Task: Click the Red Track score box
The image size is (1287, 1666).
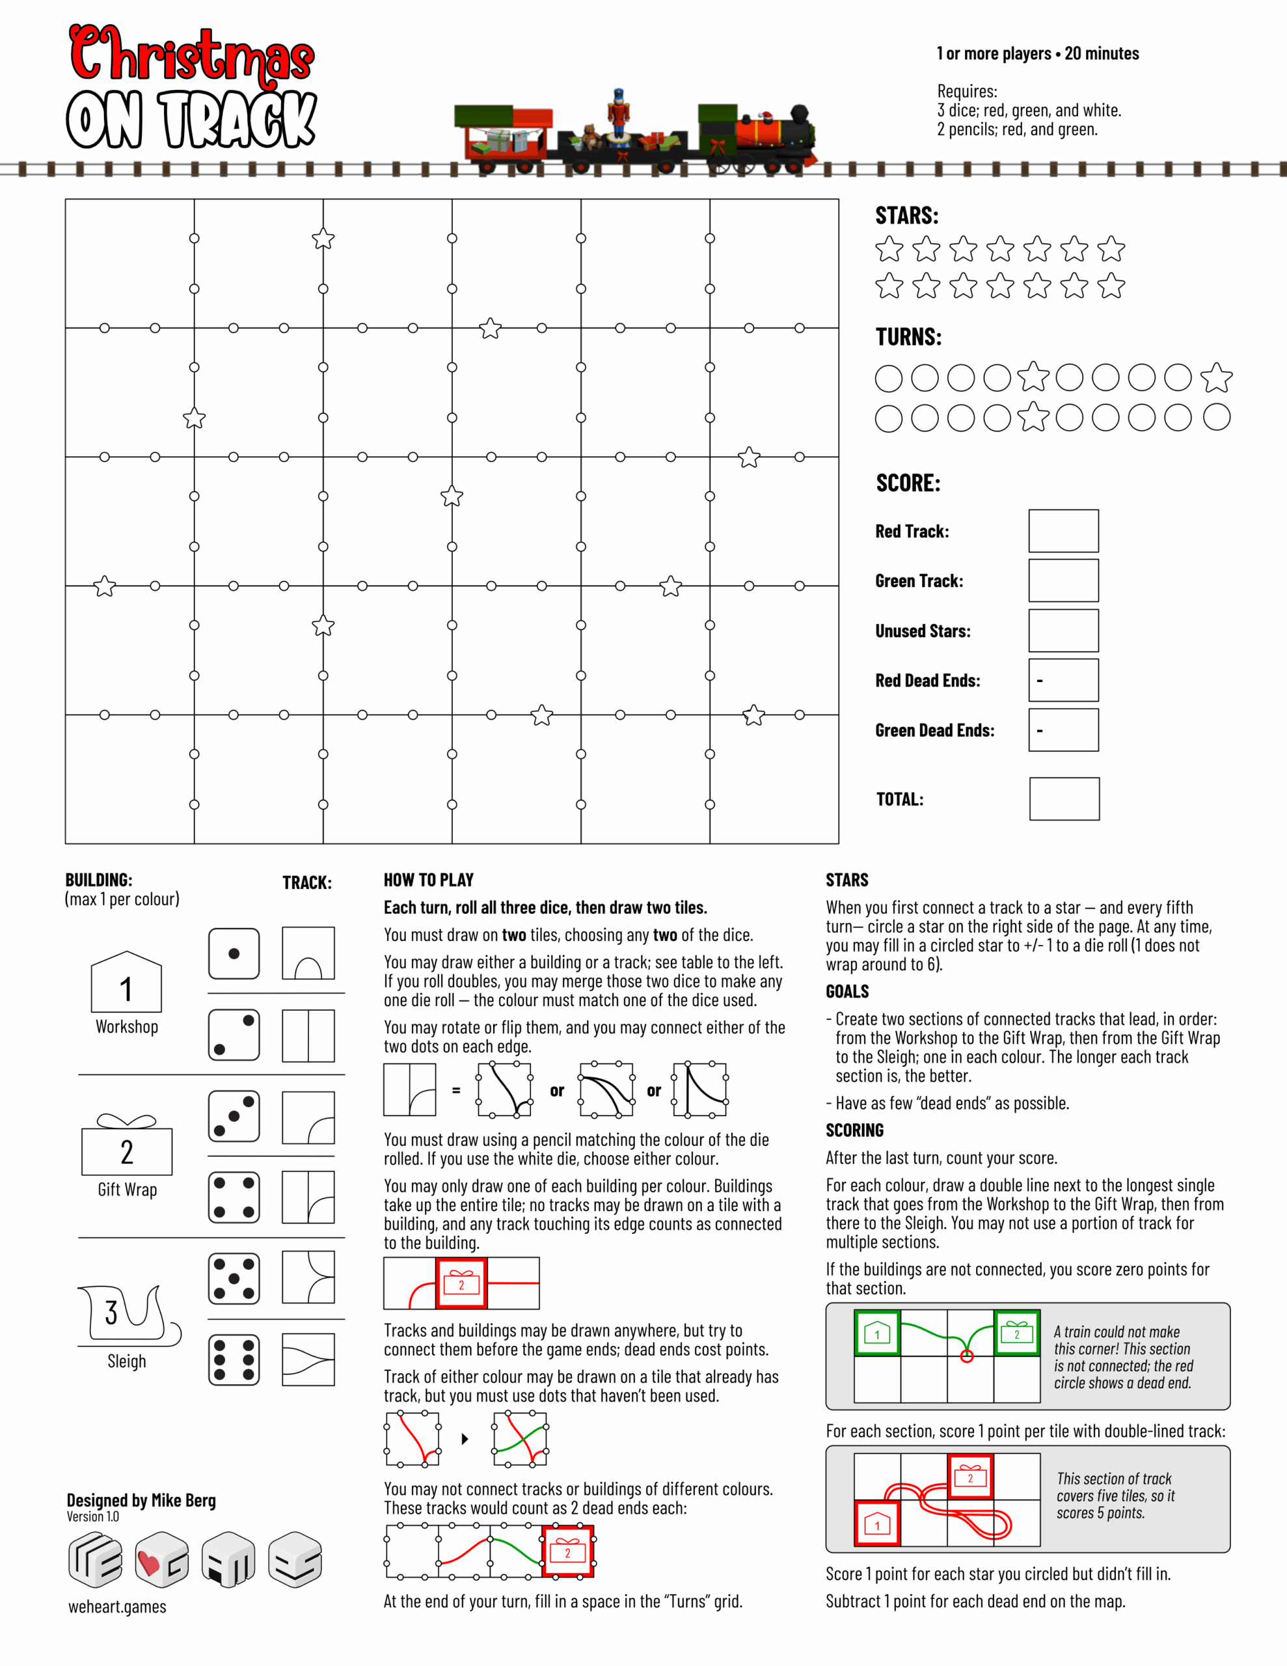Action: pos(1063,531)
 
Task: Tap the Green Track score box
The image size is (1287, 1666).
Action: pos(1063,580)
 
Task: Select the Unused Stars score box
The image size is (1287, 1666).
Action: pos(1063,631)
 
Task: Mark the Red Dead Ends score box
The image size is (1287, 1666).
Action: pos(1063,681)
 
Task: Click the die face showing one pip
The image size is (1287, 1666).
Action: pos(234,953)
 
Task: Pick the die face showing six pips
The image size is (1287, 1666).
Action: pos(234,1359)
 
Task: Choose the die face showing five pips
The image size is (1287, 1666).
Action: pos(234,1277)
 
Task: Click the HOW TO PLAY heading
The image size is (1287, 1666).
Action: pos(428,880)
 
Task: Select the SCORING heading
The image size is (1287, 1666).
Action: pos(854,1130)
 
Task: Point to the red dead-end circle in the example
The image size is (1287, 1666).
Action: pos(967,1356)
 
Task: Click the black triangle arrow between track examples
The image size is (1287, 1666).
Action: pos(465,1439)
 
